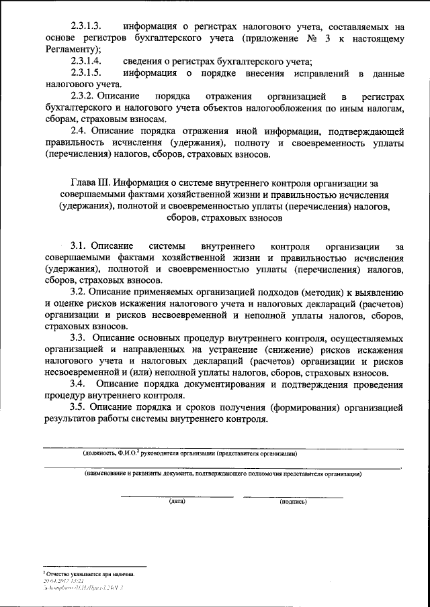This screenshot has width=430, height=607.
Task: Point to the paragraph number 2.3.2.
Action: coord(83,97)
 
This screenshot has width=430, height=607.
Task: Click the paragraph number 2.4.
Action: coord(79,133)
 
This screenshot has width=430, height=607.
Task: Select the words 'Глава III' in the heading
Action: coord(90,182)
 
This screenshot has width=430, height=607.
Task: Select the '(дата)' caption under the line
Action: coord(177,501)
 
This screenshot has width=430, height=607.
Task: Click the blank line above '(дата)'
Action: coord(177,496)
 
